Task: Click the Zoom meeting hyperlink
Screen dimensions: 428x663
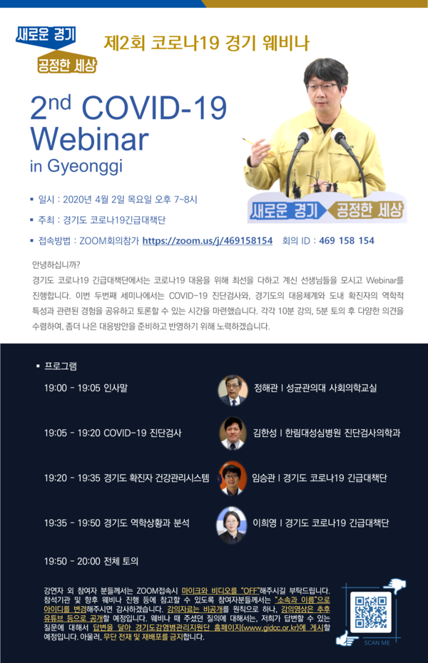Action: [208, 240]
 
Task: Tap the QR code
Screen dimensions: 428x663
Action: [371, 612]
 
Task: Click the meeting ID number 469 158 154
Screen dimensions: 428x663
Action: [347, 240]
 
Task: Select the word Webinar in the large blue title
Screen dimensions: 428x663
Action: [90, 139]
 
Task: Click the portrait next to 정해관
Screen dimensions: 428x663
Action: [233, 390]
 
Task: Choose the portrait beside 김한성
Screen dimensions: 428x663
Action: [233, 433]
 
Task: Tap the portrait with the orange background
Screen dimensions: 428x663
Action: [232, 478]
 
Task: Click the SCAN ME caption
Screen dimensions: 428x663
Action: [377, 643]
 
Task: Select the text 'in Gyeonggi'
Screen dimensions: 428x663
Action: [76, 166]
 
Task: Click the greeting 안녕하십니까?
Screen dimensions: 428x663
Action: [56, 265]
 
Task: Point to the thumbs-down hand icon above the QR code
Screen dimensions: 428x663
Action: [397, 585]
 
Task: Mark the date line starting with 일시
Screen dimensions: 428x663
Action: [117, 200]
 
